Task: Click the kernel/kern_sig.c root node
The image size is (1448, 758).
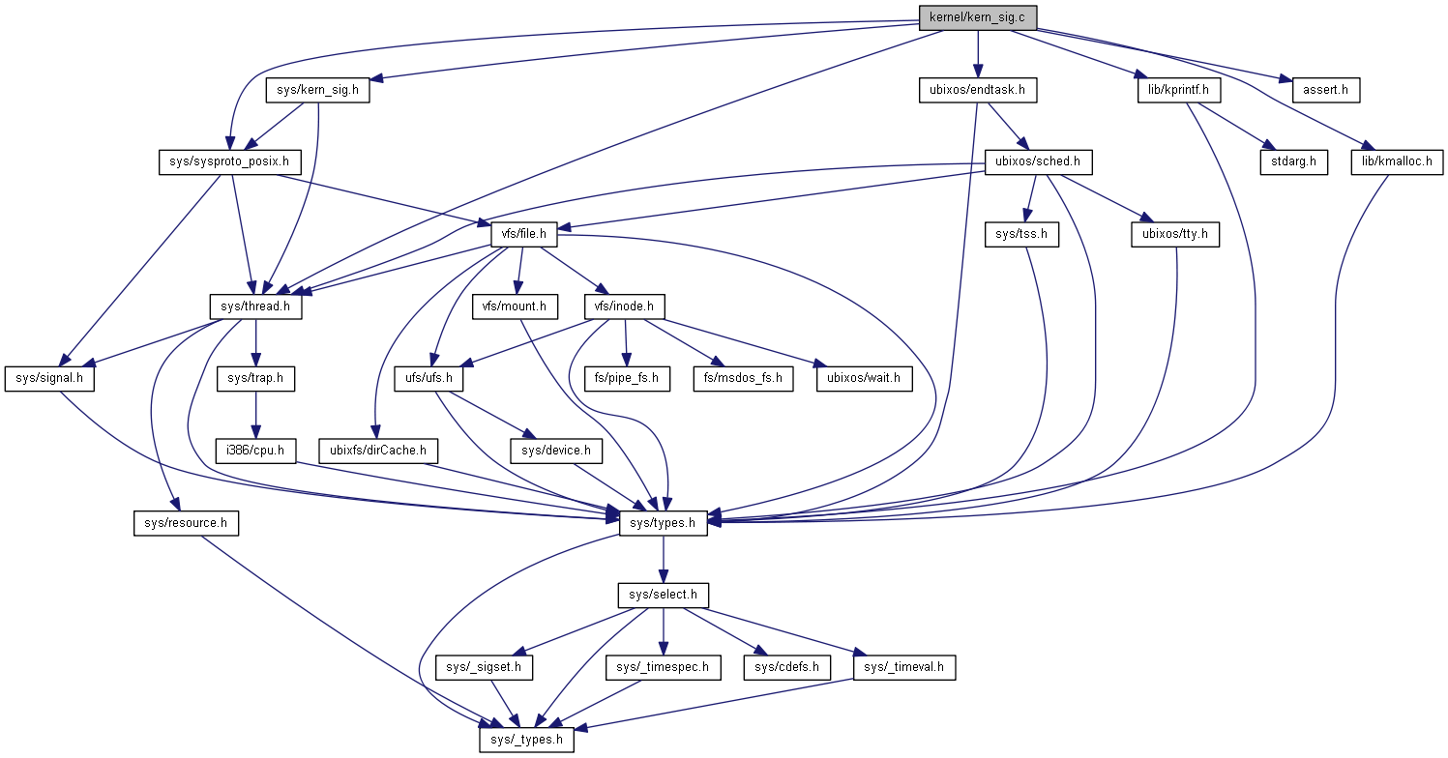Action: coord(978,16)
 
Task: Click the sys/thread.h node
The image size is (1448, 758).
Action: coord(256,306)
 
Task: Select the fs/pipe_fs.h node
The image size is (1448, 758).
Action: coord(627,378)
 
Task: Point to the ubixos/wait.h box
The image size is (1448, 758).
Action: coord(865,378)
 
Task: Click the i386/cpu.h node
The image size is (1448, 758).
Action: coord(256,451)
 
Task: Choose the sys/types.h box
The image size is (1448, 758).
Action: coord(663,523)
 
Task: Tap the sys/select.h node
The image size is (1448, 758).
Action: coord(663,595)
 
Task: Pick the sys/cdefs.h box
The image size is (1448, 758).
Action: coord(785,667)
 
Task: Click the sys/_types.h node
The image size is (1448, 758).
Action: coord(526,740)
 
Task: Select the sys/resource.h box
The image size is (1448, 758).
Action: coord(185,523)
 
